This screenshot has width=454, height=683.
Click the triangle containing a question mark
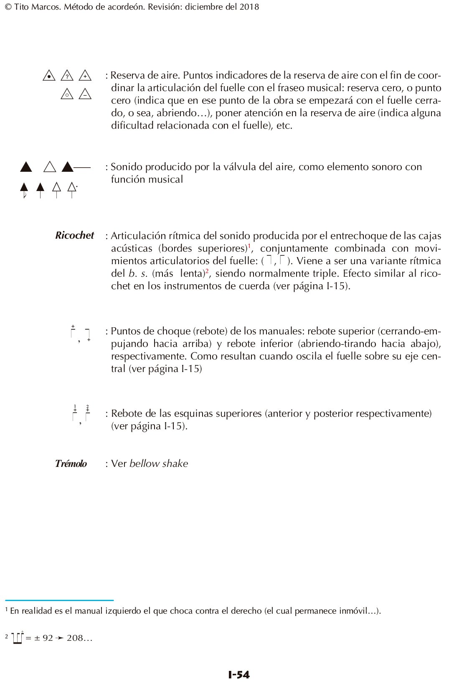[67, 76]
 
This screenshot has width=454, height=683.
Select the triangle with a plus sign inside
[85, 76]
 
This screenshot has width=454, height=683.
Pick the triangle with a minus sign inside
[85, 94]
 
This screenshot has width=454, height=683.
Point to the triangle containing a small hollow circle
[67, 94]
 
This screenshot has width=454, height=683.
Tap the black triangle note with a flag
[24, 190]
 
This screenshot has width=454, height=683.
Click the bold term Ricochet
[74, 235]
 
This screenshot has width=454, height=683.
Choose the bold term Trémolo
[71, 464]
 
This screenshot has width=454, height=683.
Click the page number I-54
[239, 674]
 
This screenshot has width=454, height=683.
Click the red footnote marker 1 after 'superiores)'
[249, 245]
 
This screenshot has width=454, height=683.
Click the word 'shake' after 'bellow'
[175, 464]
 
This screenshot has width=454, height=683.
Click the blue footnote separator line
[59, 600]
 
